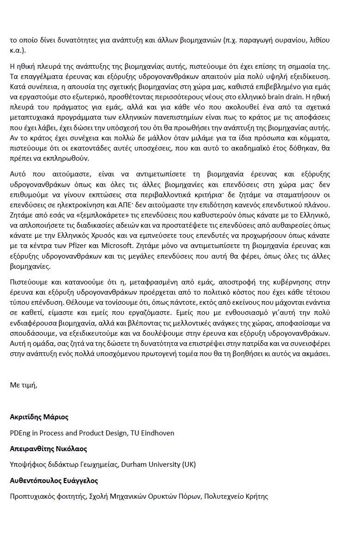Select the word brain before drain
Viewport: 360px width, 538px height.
[290, 97]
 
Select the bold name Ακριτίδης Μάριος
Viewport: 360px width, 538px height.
[39, 417]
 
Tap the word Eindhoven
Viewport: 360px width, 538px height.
[158, 433]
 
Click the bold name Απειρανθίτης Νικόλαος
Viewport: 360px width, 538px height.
[49, 449]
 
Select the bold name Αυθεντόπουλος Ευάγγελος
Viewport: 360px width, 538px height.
[54, 480]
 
